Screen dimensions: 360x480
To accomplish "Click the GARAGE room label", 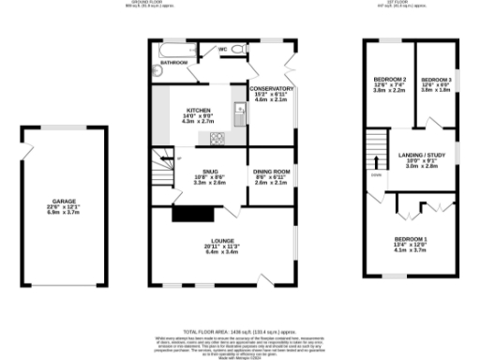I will point(64,201).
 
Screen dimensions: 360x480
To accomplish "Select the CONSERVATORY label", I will point(272,88).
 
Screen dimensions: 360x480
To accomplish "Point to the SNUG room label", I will point(209,172).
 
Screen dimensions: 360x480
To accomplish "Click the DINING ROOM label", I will point(272,172).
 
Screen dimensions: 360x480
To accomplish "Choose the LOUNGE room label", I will point(221,241).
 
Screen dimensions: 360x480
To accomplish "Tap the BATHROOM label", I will point(174,62).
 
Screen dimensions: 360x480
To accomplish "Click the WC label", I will point(223,49).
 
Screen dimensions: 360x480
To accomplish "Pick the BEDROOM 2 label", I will point(389,79).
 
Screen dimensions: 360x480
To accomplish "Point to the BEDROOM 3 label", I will point(436,80).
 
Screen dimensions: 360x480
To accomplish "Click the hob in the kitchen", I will point(217,141).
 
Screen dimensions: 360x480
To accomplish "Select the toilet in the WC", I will point(238,49).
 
